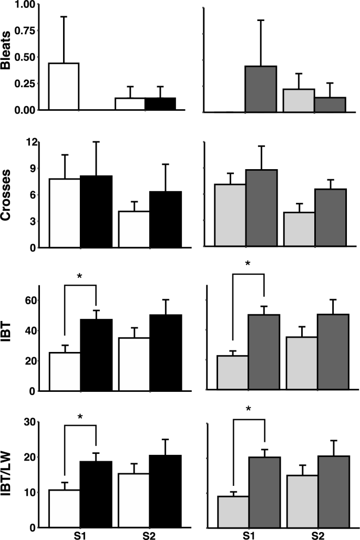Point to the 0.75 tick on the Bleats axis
[24, 31]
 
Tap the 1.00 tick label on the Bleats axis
[24, 5]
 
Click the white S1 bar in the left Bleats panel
[64, 87]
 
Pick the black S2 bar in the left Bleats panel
[160, 104]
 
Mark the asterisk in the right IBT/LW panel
[248, 410]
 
